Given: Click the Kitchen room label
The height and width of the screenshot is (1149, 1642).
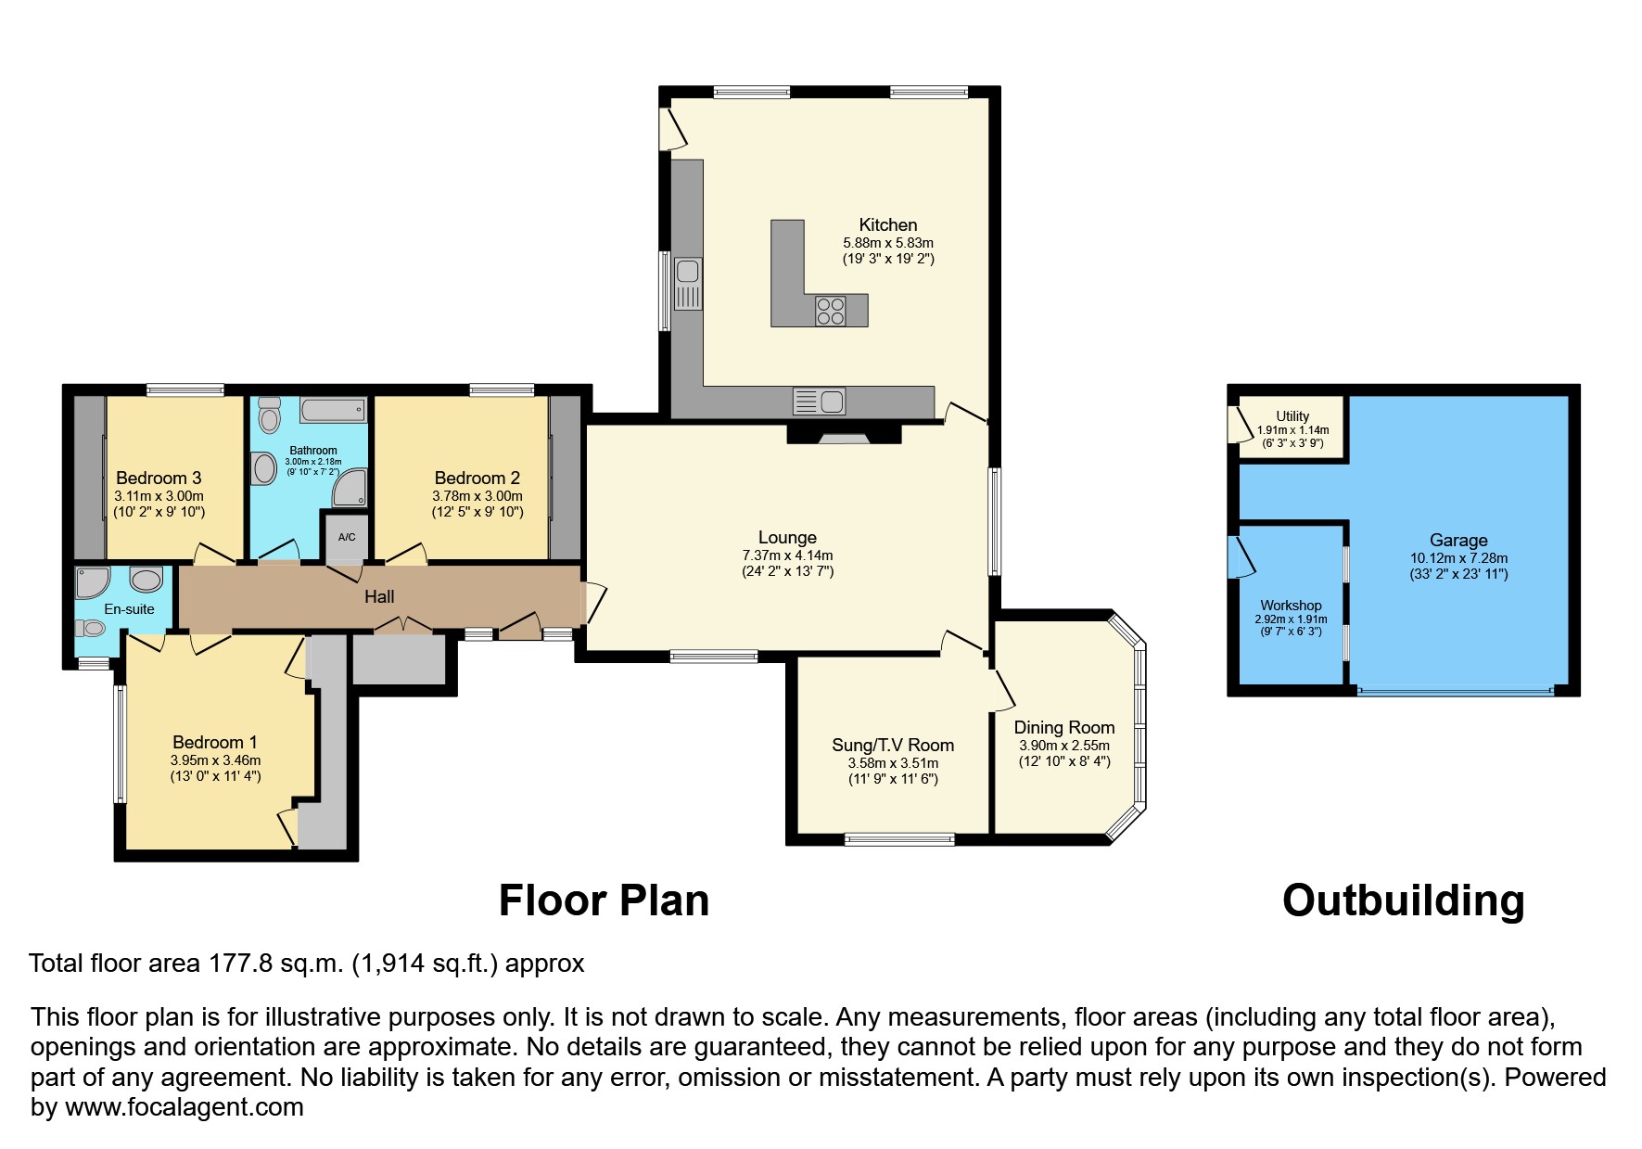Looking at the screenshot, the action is (887, 224).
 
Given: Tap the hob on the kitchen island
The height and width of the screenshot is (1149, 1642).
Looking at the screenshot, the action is (830, 310).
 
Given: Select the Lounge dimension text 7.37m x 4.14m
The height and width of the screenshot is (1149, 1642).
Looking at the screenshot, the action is (787, 555).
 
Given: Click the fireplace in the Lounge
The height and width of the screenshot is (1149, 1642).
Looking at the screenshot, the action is (843, 435).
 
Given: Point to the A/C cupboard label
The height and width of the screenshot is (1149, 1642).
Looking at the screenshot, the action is (347, 537).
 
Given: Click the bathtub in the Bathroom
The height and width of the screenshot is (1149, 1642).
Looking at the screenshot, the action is (332, 409).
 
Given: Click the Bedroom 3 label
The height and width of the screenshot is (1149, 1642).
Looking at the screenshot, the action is (159, 478).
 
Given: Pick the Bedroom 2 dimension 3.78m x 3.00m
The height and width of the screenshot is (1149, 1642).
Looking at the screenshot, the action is (477, 496).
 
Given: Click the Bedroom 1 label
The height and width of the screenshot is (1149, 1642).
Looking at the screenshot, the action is (215, 742).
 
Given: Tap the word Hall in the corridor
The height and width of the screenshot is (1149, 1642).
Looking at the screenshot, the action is (379, 597).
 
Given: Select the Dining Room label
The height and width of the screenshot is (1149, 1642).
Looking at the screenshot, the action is (1064, 728).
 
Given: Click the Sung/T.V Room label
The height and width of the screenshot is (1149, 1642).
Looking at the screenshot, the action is (893, 745).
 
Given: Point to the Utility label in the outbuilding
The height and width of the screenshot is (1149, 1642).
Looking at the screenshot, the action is (1292, 416).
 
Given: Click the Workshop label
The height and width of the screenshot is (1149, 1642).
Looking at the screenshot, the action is (1291, 606).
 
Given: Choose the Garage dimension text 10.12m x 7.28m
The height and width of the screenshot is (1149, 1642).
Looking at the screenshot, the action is (1458, 558).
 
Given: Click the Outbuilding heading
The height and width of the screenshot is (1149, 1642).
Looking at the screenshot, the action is (1403, 900).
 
